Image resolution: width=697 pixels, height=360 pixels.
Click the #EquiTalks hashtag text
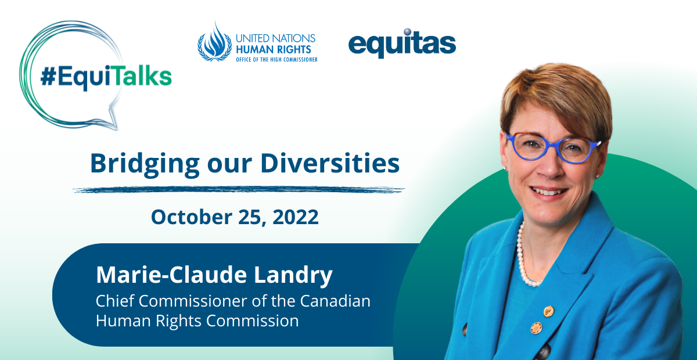point(106,76)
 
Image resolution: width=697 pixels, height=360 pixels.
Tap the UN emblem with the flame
point(215,42)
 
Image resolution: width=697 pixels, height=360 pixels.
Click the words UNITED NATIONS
point(276,38)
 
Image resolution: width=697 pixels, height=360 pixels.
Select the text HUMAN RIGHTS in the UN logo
point(274,49)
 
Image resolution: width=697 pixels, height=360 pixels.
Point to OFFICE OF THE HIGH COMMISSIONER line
point(276,59)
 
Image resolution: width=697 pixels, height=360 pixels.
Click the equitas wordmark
point(402,44)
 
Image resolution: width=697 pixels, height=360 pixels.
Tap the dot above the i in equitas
point(408,32)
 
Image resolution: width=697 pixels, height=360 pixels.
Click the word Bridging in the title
point(145,164)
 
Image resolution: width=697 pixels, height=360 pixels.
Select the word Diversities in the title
point(330,163)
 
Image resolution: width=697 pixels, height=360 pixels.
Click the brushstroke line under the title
point(239,189)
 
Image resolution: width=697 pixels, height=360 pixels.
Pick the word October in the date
point(192,217)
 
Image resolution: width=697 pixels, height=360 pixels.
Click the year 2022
point(296,217)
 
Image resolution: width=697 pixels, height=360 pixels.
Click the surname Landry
point(293,276)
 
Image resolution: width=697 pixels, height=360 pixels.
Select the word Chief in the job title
point(115,301)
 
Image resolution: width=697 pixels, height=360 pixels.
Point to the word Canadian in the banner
point(335,301)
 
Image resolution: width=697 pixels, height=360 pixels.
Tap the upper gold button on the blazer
point(548,311)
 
